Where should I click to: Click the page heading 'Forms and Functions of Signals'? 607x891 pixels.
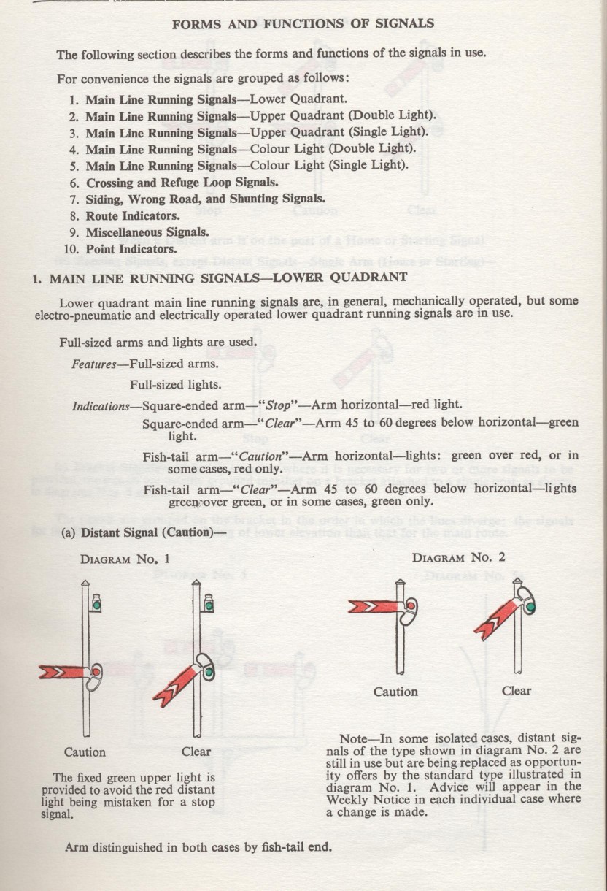[303, 23]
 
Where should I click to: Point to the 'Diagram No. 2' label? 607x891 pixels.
[459, 558]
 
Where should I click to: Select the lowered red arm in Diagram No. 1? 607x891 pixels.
[177, 686]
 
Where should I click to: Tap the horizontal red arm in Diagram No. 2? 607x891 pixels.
[375, 606]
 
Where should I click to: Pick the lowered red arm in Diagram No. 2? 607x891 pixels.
[496, 619]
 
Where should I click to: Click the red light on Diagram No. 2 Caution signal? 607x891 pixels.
[411, 605]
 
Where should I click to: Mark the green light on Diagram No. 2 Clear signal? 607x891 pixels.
[531, 607]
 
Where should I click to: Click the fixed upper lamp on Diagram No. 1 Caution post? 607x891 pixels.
[96, 603]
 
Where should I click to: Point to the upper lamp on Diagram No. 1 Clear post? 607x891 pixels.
[208, 603]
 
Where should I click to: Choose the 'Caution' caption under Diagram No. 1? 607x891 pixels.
[85, 752]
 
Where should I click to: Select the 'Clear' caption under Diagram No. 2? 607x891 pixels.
[517, 691]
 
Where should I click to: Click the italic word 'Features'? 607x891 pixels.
[94, 364]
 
